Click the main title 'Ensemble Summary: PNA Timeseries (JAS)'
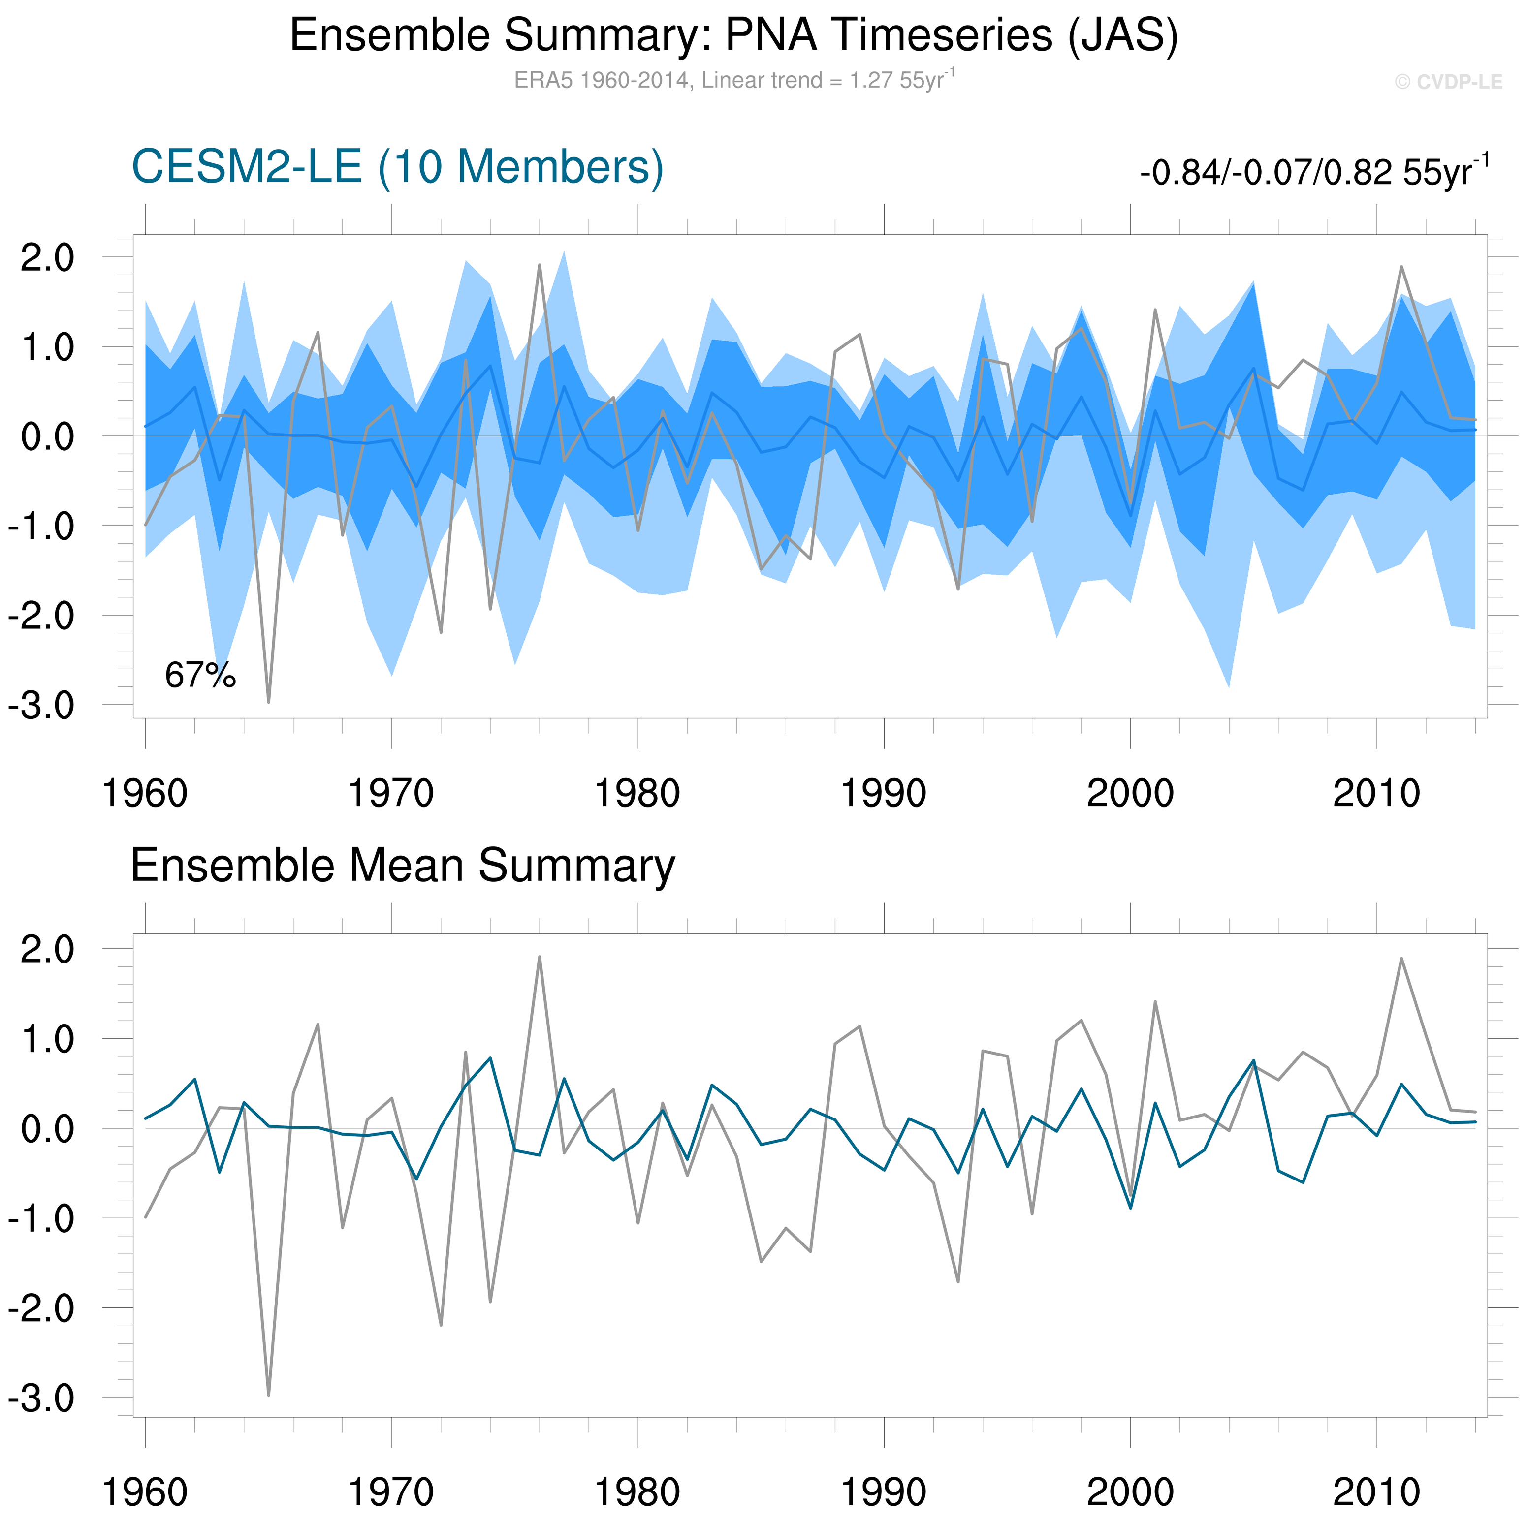733,35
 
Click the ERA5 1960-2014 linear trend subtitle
733,80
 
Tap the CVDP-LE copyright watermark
1448,82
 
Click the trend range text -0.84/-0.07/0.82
1313,171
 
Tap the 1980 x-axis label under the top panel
637,793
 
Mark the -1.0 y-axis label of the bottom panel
41,1218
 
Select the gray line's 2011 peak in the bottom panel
1401,959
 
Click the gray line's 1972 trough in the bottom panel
441,1325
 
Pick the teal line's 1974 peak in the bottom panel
491,1058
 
